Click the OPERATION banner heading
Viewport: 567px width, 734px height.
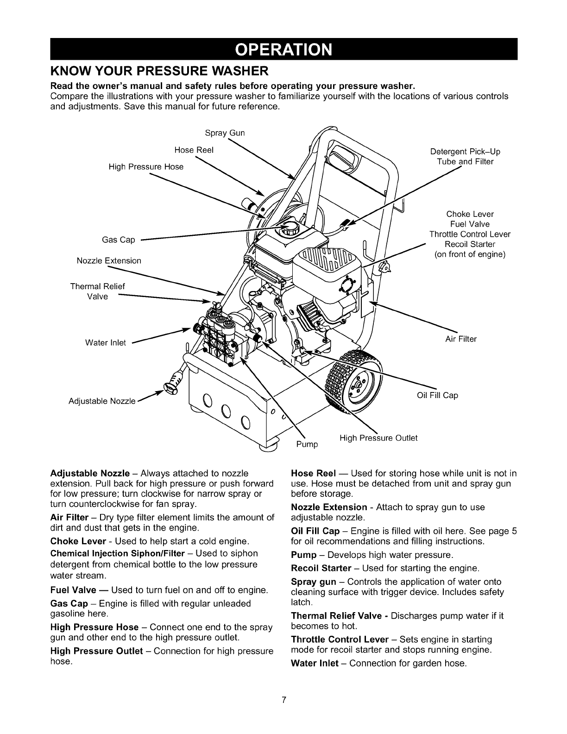coord(284,49)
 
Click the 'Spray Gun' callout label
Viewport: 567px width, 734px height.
coord(225,133)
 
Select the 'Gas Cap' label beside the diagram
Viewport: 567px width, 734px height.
coord(119,240)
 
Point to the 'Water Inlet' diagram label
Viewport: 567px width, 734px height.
coord(106,342)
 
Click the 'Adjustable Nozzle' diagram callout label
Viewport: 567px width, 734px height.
coord(102,400)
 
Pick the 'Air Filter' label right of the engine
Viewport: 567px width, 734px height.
coord(461,339)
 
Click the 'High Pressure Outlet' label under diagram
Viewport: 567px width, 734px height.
coord(378,438)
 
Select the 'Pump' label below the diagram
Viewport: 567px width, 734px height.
coord(307,444)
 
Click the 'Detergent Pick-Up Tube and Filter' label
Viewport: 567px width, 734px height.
coord(465,157)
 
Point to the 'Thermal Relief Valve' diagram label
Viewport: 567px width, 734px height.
coord(98,291)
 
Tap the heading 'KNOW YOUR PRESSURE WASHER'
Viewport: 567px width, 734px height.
coord(159,72)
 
